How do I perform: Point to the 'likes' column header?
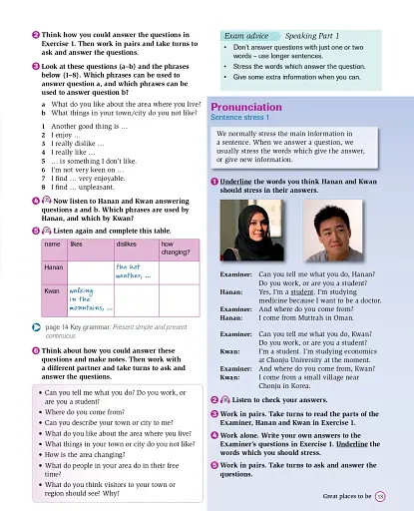coord(77,243)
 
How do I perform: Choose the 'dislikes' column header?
coord(127,243)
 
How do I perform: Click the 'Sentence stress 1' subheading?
coord(239,118)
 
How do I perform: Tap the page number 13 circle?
coord(380,495)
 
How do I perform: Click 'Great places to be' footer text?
coord(346,495)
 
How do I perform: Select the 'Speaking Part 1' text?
coord(309,35)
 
